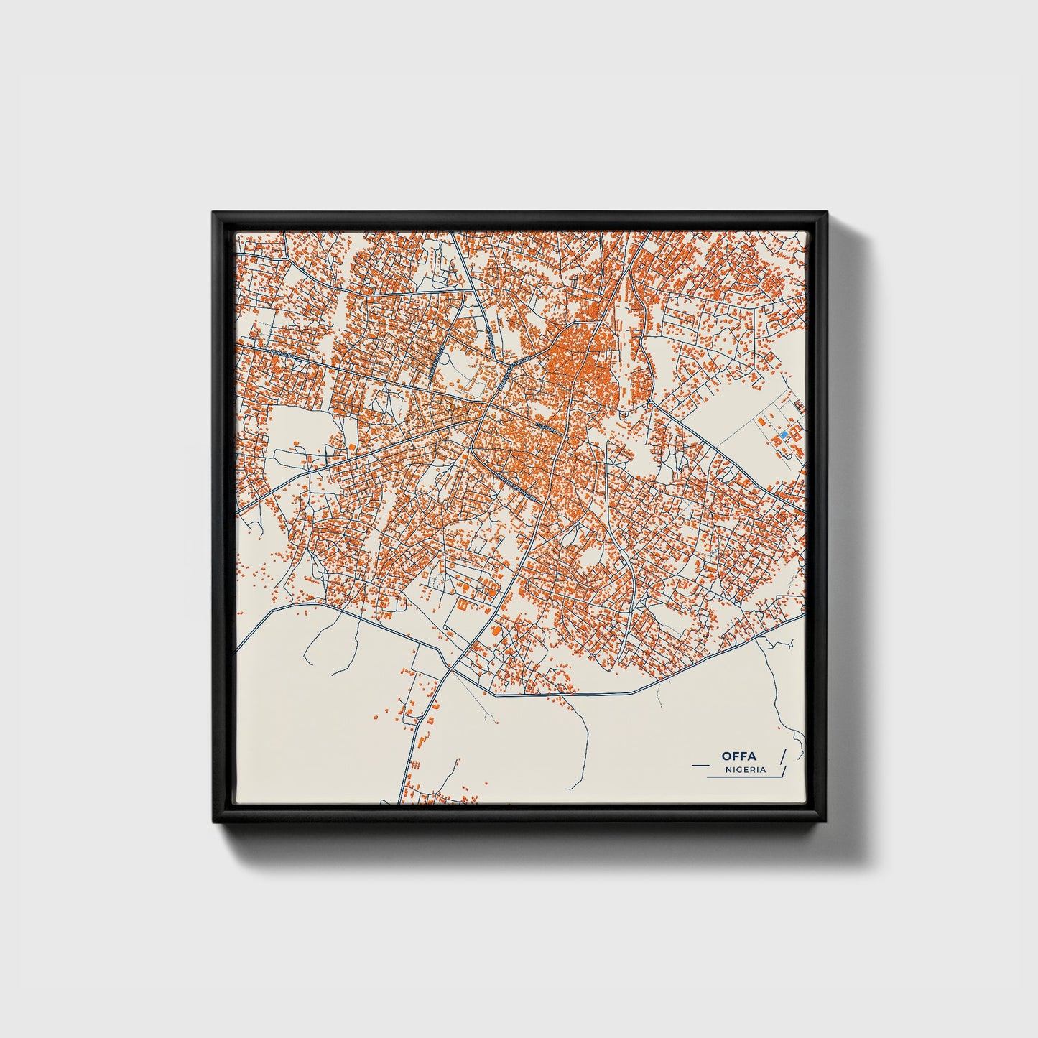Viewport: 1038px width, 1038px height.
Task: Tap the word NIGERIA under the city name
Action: point(746,769)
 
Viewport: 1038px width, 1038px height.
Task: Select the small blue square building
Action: point(784,435)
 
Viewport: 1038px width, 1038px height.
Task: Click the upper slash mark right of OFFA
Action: point(782,755)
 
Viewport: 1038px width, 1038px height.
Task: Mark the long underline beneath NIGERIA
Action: point(740,777)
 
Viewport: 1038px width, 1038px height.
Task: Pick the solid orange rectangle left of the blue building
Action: point(761,420)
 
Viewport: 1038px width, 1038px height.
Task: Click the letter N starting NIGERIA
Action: point(728,769)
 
